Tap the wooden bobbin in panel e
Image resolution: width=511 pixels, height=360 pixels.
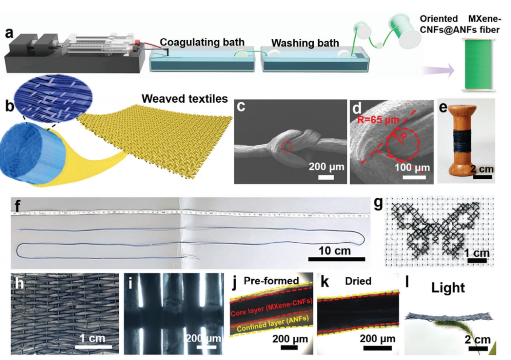click(458, 140)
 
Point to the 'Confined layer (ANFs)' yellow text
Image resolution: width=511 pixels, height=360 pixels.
click(271, 326)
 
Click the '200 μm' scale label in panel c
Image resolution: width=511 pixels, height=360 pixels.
click(326, 167)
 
